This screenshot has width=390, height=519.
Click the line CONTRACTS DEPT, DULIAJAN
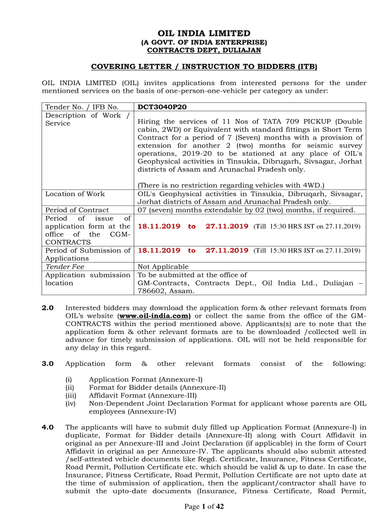click(x=204, y=50)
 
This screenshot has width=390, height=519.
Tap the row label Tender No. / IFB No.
click(x=82, y=107)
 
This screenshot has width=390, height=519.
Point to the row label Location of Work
click(x=75, y=194)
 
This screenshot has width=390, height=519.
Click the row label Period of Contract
click(x=77, y=210)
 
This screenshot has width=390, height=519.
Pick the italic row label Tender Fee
click(x=65, y=267)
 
